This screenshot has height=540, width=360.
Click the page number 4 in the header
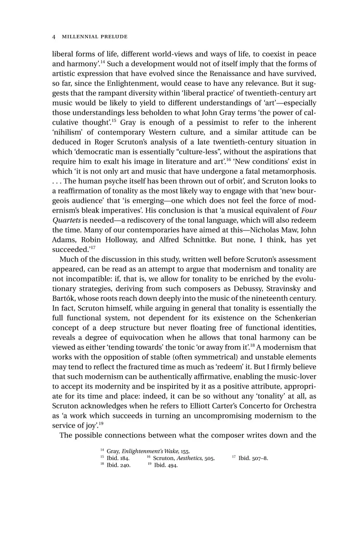(x=54, y=37)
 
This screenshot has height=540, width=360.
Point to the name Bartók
(x=63, y=298)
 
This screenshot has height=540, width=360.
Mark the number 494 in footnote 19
(x=172, y=465)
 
